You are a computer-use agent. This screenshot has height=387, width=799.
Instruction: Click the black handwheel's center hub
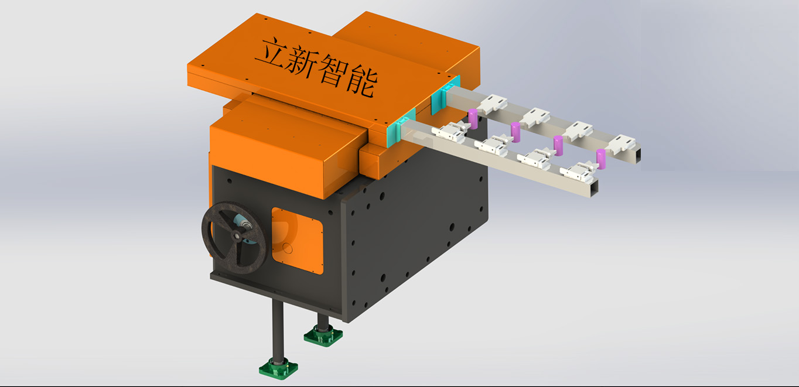tap(236, 235)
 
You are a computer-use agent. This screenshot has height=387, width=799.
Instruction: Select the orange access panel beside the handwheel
tap(298, 241)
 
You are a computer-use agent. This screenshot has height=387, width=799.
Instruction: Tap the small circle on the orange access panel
tap(287, 248)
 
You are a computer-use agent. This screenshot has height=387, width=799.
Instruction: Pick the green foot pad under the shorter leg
tap(323, 335)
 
